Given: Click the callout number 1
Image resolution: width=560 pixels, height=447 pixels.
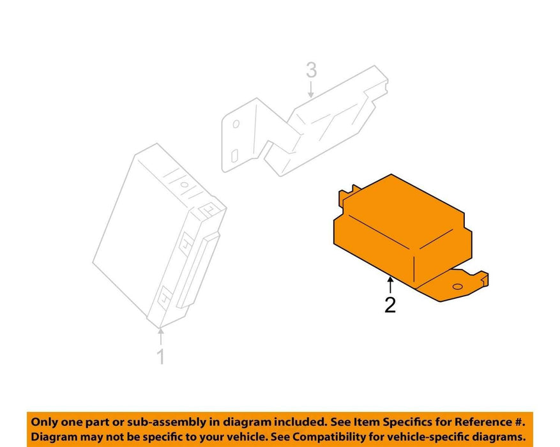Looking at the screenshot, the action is point(161,356).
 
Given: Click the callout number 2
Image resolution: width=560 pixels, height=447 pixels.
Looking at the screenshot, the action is point(390,305).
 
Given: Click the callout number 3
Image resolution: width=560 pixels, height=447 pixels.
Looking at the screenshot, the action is point(311,70).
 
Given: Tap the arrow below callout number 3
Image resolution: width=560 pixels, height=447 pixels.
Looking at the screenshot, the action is point(311,89).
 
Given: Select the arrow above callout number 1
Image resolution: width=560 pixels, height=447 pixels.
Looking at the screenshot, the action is point(161,337).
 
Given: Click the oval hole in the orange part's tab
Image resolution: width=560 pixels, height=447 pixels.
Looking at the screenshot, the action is point(457,287).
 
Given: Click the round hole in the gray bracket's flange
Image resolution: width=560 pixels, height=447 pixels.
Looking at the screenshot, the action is point(236,124).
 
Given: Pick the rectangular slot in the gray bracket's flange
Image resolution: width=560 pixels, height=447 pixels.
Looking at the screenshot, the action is point(235,156).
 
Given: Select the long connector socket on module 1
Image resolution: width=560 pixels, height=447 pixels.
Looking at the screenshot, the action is point(197,269).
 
